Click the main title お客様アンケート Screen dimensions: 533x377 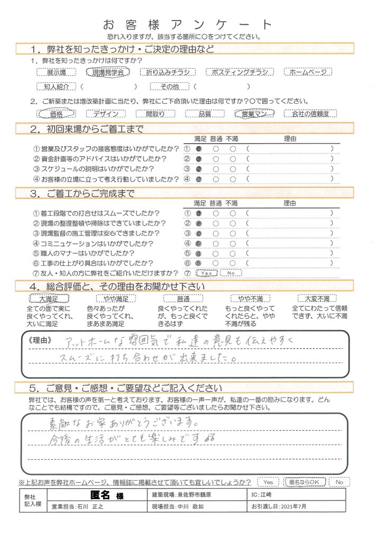click(x=188, y=25)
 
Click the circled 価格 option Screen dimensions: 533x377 click(x=55, y=113)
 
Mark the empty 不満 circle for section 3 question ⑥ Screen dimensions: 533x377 click(x=233, y=263)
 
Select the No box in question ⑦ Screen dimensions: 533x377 click(x=231, y=273)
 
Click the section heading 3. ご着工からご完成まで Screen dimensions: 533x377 click(x=83, y=193)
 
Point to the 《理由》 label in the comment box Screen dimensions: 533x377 click(x=42, y=341)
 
